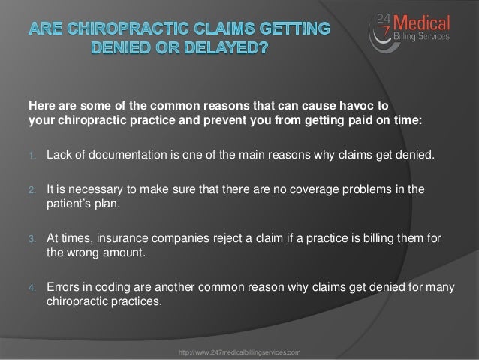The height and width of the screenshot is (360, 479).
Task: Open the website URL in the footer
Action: tap(239, 352)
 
